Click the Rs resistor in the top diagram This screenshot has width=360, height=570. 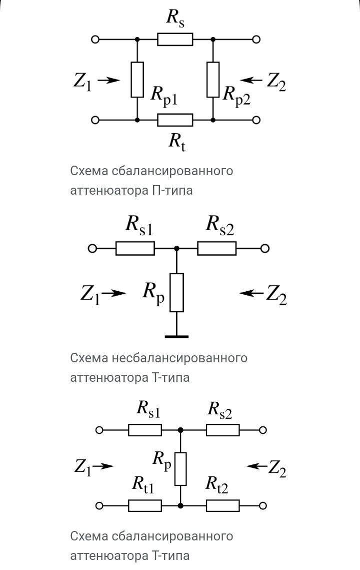(x=175, y=39)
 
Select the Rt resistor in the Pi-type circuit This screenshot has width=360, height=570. (x=175, y=120)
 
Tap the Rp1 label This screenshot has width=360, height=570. (x=164, y=95)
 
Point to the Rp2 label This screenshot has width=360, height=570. (x=236, y=95)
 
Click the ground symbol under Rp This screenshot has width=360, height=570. (x=177, y=336)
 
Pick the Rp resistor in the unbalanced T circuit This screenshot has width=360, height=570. (x=177, y=292)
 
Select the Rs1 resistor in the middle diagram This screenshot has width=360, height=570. (x=135, y=248)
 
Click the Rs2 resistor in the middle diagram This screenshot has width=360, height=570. (x=216, y=248)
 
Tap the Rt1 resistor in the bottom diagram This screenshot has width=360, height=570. (x=145, y=505)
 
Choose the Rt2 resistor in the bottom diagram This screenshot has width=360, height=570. (x=222, y=505)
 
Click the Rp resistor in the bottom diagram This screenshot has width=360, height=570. (x=180, y=469)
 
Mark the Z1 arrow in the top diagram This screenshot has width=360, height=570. (x=108, y=80)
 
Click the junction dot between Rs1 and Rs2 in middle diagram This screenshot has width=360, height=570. (x=176, y=248)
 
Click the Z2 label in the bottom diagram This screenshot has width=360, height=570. (x=277, y=468)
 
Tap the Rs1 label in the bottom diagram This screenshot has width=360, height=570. (x=148, y=410)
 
